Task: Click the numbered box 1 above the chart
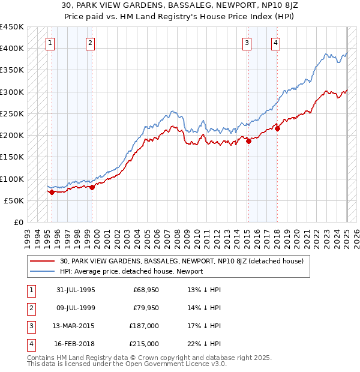tap(49, 43)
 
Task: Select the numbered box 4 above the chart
tap(275, 43)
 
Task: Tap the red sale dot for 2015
tap(248, 142)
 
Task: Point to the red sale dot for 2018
tap(278, 128)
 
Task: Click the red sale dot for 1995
tap(52, 193)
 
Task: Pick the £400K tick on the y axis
tap(12, 49)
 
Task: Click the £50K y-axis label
tap(14, 200)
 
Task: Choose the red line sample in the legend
tap(43, 261)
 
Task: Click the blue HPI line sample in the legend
tap(43, 271)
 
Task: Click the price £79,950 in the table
tap(146, 308)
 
